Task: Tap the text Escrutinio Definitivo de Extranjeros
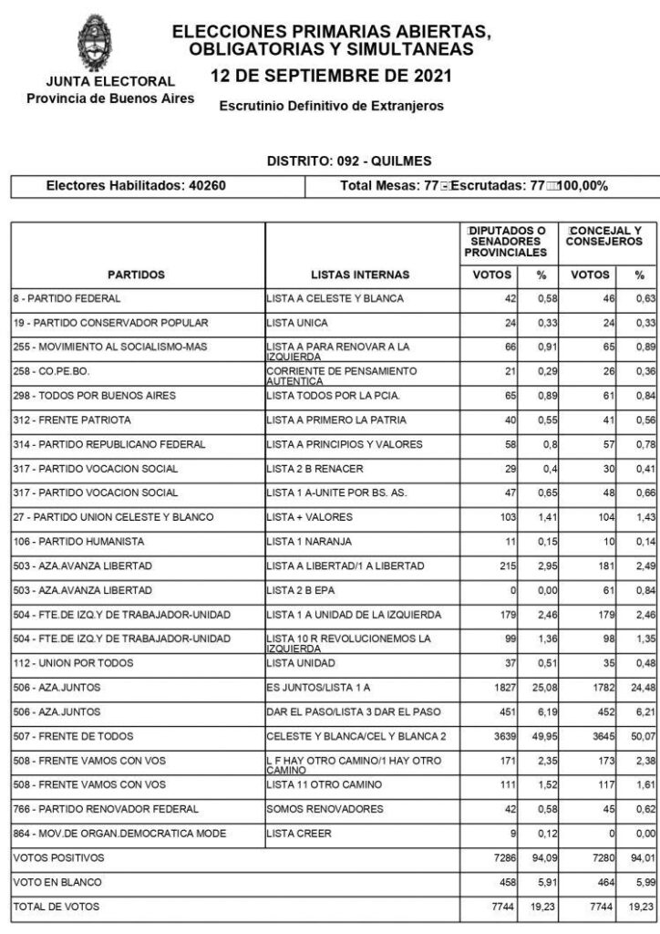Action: click(332, 106)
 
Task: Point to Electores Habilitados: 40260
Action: click(136, 186)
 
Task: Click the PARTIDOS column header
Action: click(136, 275)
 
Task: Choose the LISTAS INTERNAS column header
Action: click(360, 275)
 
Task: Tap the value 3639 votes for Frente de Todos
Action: click(501, 761)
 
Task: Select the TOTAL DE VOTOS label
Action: click(56, 907)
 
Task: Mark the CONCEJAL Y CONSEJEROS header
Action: click(604, 236)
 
